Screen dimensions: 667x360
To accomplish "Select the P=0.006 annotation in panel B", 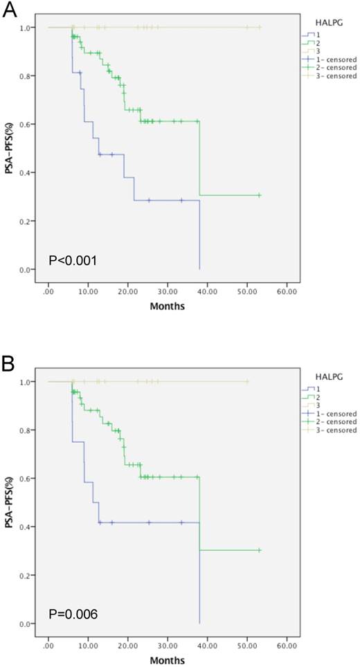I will tap(72, 614).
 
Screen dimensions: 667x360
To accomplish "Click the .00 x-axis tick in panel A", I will tap(48, 291).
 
